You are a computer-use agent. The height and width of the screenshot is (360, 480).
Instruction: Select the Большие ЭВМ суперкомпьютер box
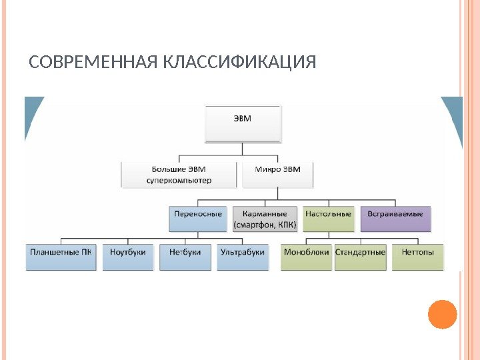pos(179,174)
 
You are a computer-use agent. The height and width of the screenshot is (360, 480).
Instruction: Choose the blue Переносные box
pos(198,218)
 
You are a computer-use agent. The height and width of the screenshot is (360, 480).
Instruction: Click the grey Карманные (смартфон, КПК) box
pos(265,219)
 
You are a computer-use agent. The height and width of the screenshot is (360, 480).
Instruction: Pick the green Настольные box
pos(328,218)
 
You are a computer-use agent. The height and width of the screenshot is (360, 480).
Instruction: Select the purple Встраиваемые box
pos(396,218)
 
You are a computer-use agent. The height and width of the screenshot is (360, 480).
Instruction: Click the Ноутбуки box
pos(129,256)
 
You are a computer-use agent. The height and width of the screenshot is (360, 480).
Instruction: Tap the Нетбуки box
pos(185,256)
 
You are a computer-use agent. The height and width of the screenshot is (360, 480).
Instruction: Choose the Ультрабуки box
pos(243,256)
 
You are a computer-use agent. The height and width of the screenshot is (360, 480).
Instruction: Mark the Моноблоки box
pos(306,256)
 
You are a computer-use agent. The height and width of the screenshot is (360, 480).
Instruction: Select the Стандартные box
pos(361,256)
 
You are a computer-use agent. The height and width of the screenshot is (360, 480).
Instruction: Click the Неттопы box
pos(418,256)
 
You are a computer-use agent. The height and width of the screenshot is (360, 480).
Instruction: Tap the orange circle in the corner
pos(442,314)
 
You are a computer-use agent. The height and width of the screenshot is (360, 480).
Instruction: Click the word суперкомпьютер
pos(179,180)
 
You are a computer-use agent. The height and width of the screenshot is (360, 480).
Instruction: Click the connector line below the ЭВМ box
pos(243,151)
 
